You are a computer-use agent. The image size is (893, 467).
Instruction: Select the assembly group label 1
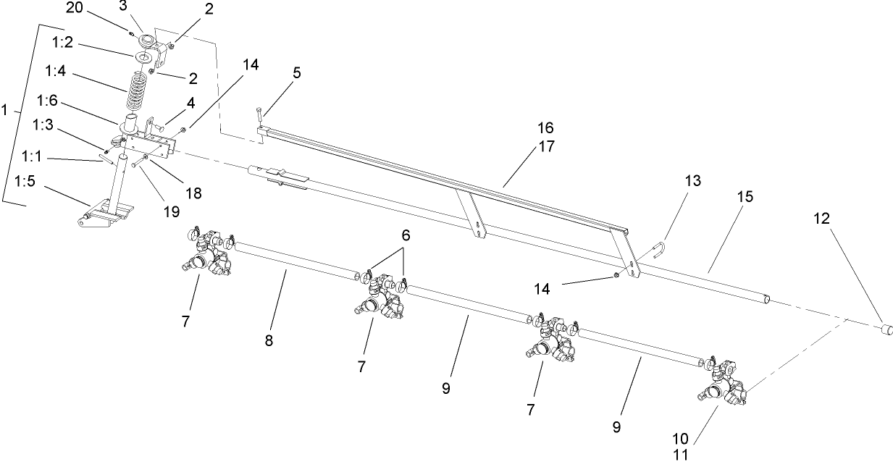tap(6, 110)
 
